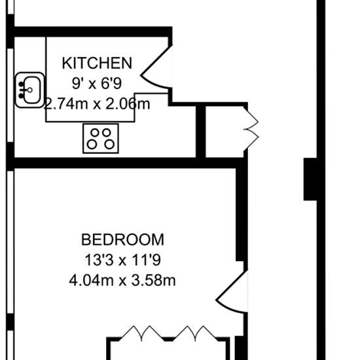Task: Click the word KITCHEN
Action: tap(97, 63)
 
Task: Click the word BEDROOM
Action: tap(122, 240)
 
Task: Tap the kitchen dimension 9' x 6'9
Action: tap(97, 83)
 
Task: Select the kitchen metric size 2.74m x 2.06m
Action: tap(97, 104)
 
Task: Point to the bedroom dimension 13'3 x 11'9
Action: tap(122, 260)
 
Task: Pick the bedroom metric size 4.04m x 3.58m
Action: tap(122, 280)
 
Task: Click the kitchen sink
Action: tap(29, 90)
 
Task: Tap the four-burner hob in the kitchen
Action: tap(101, 139)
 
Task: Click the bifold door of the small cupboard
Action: tap(251, 129)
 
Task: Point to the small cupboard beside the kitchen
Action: tap(225, 132)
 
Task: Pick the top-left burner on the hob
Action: tap(95, 132)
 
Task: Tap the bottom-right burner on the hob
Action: tap(109, 145)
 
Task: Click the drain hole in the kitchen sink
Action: tap(29, 90)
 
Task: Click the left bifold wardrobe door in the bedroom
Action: tap(141, 333)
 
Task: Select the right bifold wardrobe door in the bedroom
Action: tap(196, 333)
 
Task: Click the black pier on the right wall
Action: tap(310, 179)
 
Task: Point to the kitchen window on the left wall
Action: tap(10, 96)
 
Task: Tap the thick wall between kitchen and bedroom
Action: tap(125, 163)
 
